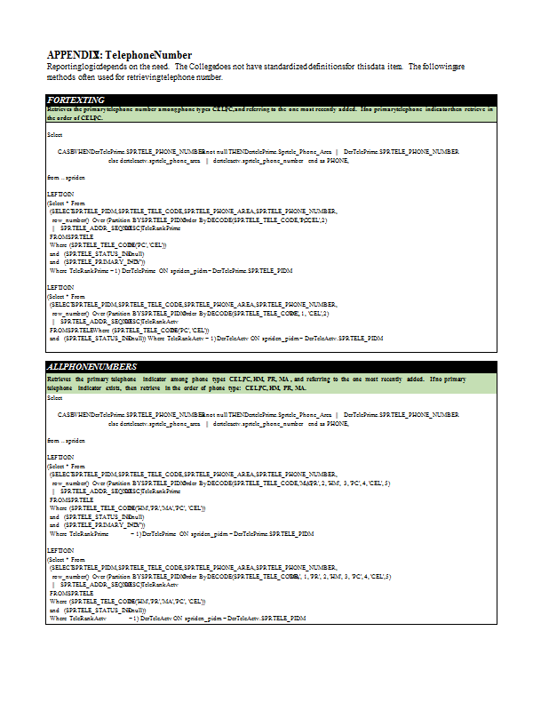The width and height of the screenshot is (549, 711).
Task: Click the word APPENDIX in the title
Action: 73,55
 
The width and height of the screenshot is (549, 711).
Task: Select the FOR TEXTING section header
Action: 76,100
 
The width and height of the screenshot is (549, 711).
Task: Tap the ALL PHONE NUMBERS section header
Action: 91,366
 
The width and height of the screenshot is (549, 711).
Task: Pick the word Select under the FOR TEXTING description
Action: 55,134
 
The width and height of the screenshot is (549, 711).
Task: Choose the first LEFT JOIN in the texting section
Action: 60,195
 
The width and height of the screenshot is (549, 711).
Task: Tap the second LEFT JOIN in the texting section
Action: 60,288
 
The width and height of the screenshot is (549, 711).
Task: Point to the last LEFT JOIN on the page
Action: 60,551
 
